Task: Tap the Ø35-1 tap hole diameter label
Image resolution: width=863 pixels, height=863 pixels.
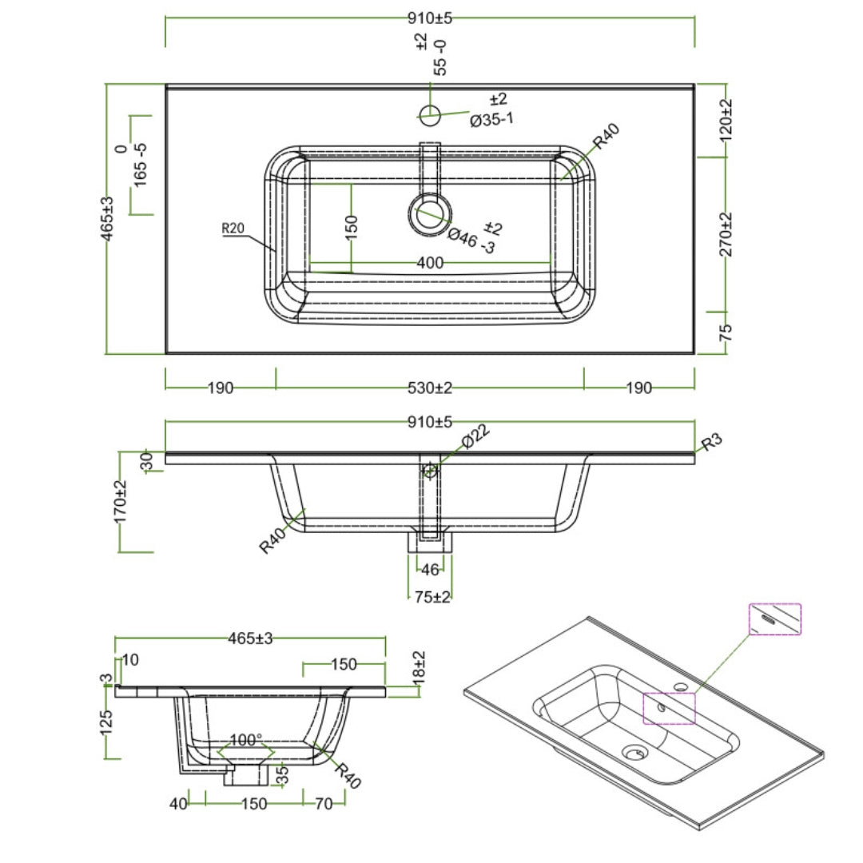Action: [x=491, y=121]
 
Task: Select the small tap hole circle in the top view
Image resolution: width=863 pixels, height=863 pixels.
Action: [x=430, y=115]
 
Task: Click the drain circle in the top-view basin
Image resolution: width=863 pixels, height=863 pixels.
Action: [x=431, y=213]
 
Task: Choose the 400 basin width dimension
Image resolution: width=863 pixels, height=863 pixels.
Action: [x=430, y=262]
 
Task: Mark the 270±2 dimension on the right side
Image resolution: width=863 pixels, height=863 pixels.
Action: [x=726, y=234]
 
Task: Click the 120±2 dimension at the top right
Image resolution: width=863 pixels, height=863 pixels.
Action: [x=726, y=120]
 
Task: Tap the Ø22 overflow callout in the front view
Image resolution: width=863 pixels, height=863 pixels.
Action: [x=475, y=439]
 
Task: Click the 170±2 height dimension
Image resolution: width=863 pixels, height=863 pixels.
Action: [x=121, y=502]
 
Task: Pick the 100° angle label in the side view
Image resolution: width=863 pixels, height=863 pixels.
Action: [x=246, y=740]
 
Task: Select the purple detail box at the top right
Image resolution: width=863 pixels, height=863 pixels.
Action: [x=774, y=619]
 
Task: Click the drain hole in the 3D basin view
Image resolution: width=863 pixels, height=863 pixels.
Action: [x=636, y=752]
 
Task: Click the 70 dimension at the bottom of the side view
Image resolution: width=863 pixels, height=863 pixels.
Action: [x=324, y=804]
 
